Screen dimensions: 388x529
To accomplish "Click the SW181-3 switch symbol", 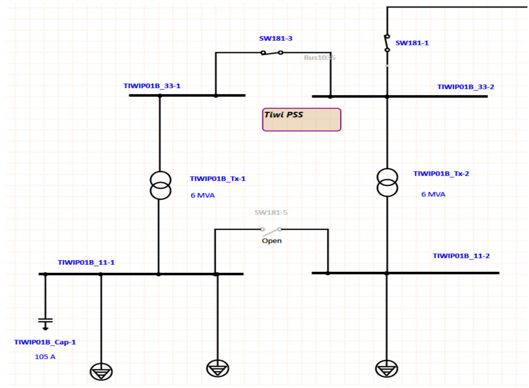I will pyautogui.click(x=272, y=52).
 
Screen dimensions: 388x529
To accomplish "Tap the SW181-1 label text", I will pyautogui.click(x=412, y=43).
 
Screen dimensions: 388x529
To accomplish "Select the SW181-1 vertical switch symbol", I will pyautogui.click(x=387, y=43).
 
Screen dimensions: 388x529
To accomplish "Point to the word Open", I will pyautogui.click(x=272, y=241).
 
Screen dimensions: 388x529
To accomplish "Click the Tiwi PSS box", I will pyautogui.click(x=301, y=120).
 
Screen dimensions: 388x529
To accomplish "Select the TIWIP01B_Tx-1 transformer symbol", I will pyautogui.click(x=160, y=185).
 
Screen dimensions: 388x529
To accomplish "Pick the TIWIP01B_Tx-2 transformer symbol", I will pyautogui.click(x=387, y=182).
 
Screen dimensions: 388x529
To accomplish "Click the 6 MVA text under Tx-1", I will pyautogui.click(x=202, y=195).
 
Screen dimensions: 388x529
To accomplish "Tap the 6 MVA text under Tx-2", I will pyautogui.click(x=433, y=194).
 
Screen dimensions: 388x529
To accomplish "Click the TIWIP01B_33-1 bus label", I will pyautogui.click(x=152, y=86).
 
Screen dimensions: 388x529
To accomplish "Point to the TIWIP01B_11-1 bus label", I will pyautogui.click(x=86, y=263).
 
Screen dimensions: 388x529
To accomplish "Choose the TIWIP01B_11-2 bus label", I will pyautogui.click(x=461, y=256).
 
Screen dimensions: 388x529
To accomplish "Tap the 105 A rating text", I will pyautogui.click(x=45, y=357).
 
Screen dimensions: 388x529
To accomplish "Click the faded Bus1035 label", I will pyautogui.click(x=319, y=58).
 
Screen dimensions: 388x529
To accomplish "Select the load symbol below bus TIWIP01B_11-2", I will pyautogui.click(x=386, y=369).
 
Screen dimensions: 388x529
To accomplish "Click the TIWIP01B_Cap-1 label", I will pyautogui.click(x=45, y=342).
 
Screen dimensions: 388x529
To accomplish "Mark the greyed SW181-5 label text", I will pyautogui.click(x=271, y=213).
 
